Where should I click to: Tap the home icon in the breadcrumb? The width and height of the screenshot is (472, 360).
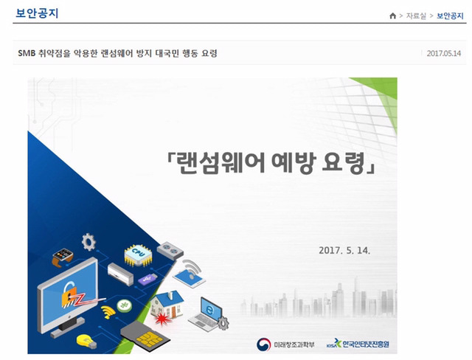(x=392, y=15)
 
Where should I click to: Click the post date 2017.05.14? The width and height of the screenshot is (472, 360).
(x=444, y=53)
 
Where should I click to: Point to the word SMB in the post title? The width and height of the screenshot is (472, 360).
(x=27, y=53)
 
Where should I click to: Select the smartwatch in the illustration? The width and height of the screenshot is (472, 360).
(x=61, y=257)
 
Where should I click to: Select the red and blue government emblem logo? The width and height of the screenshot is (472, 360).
(x=263, y=343)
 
